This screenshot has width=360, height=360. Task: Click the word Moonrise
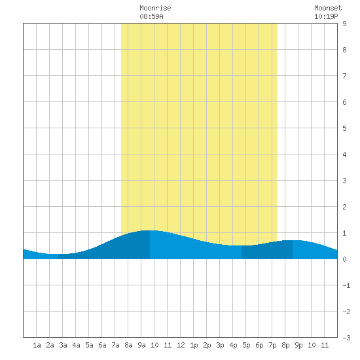155,8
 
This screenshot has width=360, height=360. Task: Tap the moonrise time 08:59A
151,16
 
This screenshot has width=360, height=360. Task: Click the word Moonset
328,8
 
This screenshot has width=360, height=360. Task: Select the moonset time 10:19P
326,16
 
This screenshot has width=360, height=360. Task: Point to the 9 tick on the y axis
344,24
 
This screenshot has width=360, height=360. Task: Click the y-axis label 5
344,128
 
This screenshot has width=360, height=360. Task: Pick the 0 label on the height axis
344,259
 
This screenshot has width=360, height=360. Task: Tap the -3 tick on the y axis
346,338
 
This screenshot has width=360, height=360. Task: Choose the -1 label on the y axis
346,285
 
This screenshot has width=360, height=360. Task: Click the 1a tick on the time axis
37,345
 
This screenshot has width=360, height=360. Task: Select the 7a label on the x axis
115,345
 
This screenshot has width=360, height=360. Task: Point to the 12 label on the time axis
181,345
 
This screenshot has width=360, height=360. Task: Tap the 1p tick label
194,345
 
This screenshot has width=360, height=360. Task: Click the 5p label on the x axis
246,345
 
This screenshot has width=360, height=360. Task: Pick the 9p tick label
298,345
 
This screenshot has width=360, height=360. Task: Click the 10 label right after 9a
154,345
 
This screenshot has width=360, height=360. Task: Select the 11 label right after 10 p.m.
325,345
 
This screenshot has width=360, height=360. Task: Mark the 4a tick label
76,345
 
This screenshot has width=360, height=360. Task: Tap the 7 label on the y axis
344,76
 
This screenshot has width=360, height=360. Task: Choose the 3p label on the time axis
220,345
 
